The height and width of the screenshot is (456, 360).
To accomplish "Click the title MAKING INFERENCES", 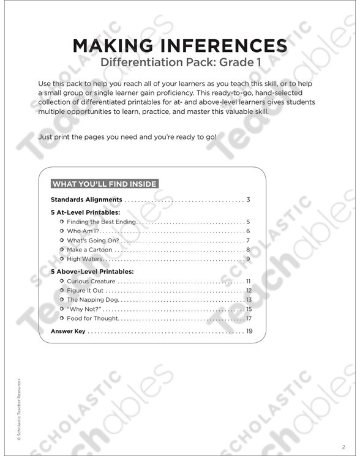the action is (x=179, y=46).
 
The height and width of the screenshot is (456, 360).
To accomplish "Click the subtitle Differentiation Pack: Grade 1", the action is (x=179, y=62).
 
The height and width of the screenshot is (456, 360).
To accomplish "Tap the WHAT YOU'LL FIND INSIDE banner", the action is (x=105, y=183).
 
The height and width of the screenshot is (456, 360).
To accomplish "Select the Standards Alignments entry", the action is (x=86, y=200).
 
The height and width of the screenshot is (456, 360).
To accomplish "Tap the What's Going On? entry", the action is (x=92, y=241).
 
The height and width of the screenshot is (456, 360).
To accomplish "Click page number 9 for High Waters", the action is (x=249, y=260).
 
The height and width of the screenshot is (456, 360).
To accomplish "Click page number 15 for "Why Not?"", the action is (x=249, y=309).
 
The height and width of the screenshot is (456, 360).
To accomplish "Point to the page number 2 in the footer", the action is (x=344, y=446).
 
